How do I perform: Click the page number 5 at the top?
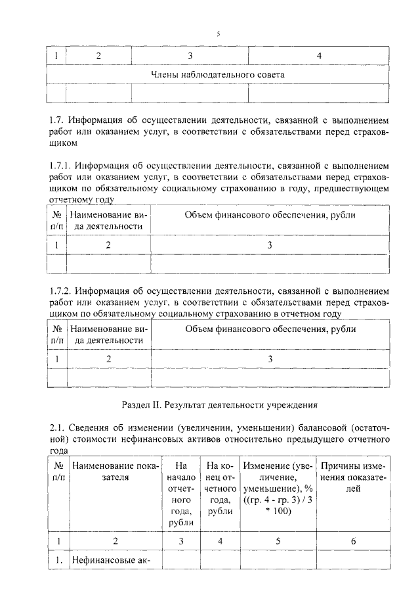tap(218, 34)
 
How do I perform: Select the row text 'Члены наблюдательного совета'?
tap(218, 75)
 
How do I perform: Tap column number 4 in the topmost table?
tap(319, 56)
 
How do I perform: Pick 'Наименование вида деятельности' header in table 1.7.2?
tap(106, 334)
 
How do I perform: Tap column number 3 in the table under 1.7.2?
tap(270, 358)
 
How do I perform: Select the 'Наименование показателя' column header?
tap(115, 471)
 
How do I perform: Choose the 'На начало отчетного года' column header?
tap(181, 494)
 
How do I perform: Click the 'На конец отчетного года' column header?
tap(220, 488)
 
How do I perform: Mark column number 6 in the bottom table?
tap(353, 541)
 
